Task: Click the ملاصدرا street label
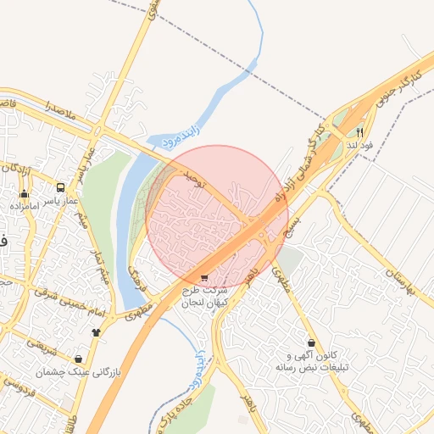point(39,108)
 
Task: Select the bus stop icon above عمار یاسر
point(60,187)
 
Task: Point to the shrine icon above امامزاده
point(23,194)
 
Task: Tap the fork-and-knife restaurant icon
point(359,132)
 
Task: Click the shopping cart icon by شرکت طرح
point(203,277)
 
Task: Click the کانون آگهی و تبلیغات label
point(313,361)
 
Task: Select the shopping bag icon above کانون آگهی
point(313,342)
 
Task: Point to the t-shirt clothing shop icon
point(96,331)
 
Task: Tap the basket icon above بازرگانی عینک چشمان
point(79,359)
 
